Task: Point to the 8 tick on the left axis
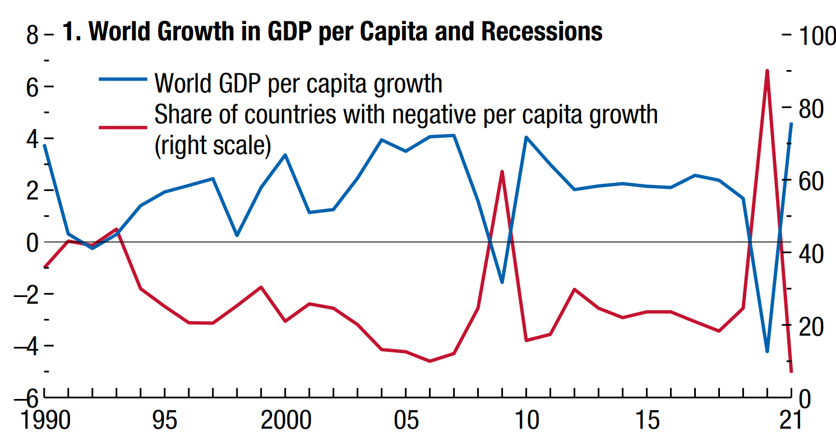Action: pos(32,36)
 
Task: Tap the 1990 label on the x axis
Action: pos(44,420)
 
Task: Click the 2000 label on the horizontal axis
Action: pos(285,420)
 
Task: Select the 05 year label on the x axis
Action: pos(406,420)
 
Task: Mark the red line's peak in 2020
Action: pos(767,71)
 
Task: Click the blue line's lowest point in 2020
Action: pos(767,351)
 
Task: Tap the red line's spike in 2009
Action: pos(502,171)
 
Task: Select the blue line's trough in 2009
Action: pos(502,282)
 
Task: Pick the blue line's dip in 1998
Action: pos(237,235)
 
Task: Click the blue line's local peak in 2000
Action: pos(285,155)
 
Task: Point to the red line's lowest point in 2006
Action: pos(430,361)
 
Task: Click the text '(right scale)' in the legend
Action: pos(213,146)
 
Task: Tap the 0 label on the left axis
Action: pos(32,243)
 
